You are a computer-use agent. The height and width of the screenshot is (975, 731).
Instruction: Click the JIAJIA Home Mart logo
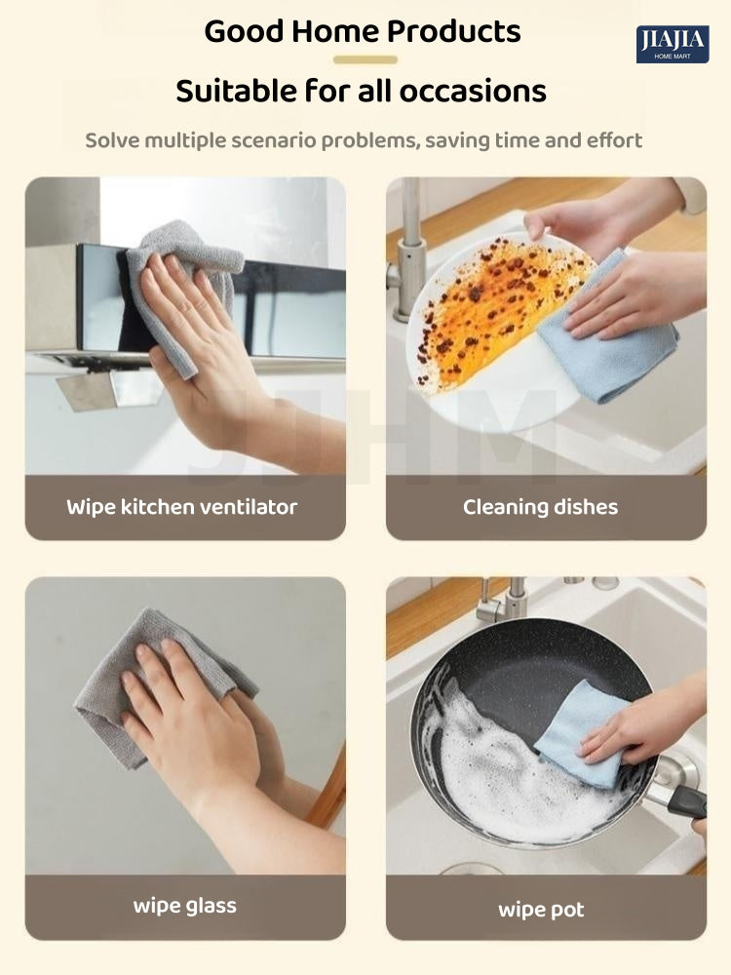[673, 44]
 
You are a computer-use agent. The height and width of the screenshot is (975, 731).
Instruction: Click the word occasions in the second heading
[473, 91]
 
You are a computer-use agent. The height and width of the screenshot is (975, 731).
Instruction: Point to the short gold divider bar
[365, 59]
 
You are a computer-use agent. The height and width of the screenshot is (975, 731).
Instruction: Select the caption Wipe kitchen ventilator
[182, 507]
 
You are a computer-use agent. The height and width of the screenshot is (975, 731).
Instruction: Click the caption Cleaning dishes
[540, 507]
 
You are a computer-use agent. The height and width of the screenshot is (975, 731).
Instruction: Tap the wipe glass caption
[184, 906]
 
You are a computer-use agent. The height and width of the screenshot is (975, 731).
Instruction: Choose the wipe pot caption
[541, 910]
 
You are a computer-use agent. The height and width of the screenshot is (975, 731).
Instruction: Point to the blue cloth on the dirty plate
[606, 335]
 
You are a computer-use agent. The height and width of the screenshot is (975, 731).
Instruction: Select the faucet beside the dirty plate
[408, 249]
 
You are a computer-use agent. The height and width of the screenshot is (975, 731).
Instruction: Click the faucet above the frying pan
[504, 600]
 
